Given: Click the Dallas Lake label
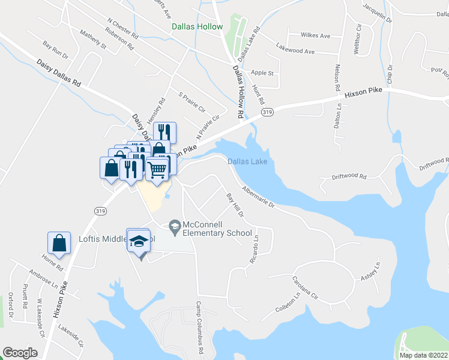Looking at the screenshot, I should pyautogui.click(x=247, y=161).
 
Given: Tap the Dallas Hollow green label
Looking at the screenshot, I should pyautogui.click(x=197, y=27).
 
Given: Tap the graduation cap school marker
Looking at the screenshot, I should pyautogui.click(x=139, y=241).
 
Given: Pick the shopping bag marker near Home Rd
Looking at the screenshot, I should pyautogui.click(x=59, y=244).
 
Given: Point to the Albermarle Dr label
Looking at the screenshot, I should pyautogui.click(x=258, y=197).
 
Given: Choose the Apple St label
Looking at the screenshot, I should pyautogui.click(x=262, y=73).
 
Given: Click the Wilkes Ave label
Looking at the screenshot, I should pyautogui.click(x=316, y=36).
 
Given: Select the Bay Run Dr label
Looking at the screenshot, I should pyautogui.click(x=55, y=49).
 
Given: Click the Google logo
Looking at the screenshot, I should pyautogui.click(x=20, y=352).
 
